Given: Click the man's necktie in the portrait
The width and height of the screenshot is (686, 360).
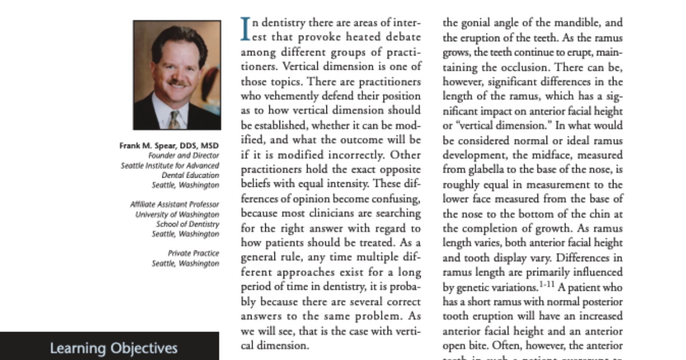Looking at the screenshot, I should [175, 118].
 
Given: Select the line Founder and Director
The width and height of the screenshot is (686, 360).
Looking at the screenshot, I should [183, 155].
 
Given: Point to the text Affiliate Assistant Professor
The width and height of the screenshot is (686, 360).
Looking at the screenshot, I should [174, 204].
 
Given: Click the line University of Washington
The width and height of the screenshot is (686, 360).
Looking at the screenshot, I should [177, 214].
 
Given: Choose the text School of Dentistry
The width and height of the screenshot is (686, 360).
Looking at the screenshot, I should [188, 224].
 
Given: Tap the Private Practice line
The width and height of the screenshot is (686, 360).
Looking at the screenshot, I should [193, 253].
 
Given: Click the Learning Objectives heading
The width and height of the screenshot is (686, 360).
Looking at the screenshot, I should [114, 348].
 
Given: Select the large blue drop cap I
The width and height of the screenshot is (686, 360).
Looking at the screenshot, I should [245, 29].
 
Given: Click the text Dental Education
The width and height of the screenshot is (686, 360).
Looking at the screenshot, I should [190, 175].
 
